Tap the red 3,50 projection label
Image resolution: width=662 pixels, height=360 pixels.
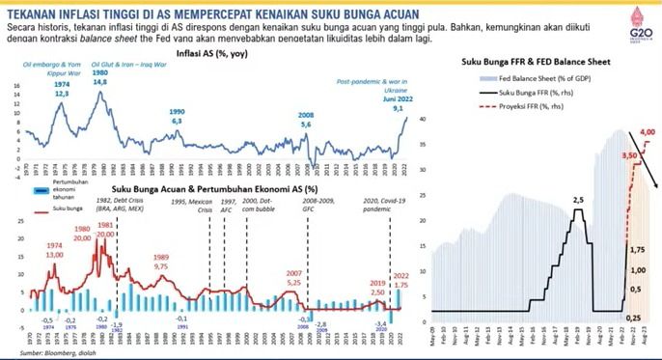pos(630,154)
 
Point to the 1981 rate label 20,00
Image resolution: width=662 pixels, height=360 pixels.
pos(105,229)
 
